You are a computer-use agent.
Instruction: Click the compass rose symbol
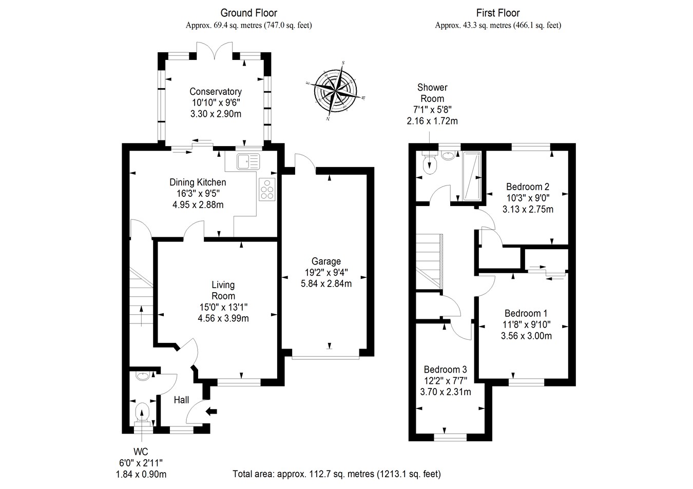(336, 91)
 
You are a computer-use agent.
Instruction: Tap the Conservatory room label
(216, 92)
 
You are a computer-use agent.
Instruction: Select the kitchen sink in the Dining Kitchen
(249, 161)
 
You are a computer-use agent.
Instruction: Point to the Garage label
(326, 261)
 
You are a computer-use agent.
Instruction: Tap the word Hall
(181, 400)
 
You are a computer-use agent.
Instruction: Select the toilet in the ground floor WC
(142, 413)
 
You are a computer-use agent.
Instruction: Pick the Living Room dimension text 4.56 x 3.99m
(223, 318)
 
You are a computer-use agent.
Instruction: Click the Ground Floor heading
(249, 13)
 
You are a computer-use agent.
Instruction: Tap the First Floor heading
(498, 13)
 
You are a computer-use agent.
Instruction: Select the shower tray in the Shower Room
(472, 176)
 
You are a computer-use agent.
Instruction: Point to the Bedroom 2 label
(528, 187)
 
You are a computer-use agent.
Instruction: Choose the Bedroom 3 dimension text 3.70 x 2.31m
(446, 392)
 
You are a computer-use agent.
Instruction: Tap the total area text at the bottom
(337, 474)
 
